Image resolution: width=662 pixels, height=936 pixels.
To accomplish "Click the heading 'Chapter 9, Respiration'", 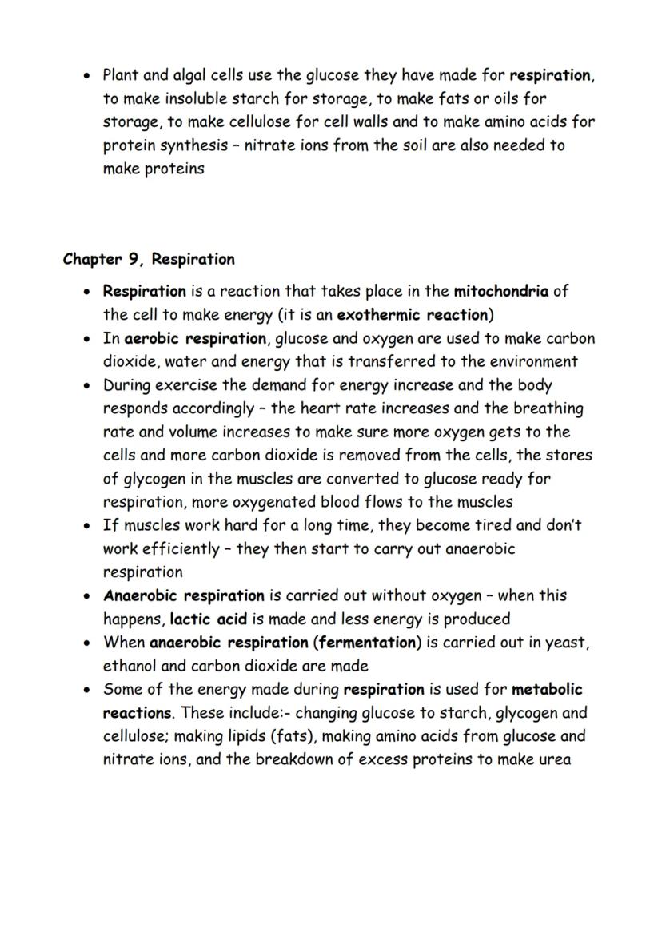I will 149,260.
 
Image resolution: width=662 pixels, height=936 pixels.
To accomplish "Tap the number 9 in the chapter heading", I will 134,260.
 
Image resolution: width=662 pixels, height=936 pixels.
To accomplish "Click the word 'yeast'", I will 567,643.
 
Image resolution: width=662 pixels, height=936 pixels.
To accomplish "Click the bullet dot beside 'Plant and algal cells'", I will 86,77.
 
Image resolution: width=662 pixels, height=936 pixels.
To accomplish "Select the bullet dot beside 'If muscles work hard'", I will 86,526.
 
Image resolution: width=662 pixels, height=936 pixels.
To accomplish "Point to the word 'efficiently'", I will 181,549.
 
